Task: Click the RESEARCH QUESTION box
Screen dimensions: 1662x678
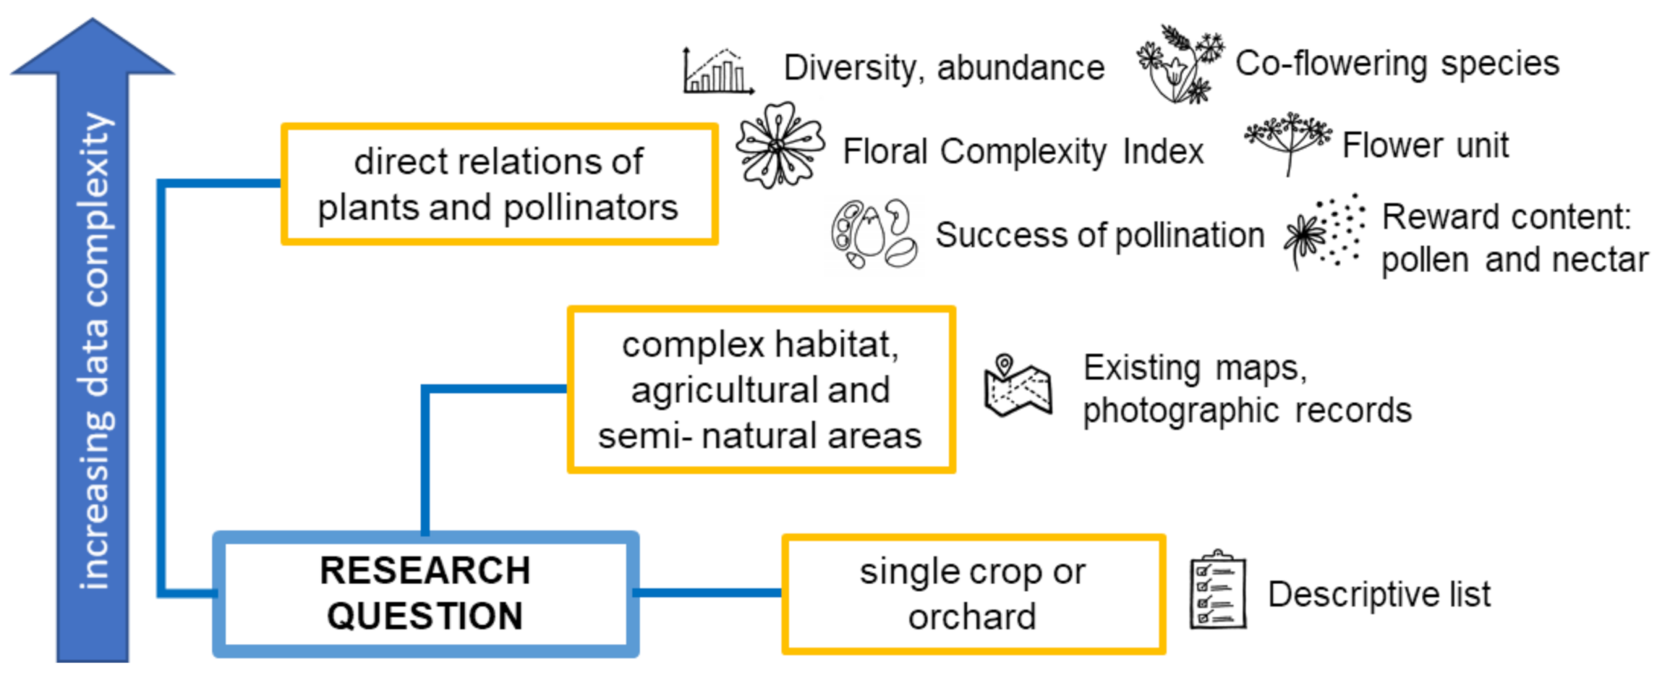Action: point(426,594)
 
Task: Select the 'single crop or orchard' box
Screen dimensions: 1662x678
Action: point(973,594)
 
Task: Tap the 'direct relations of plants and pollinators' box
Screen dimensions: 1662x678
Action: point(500,184)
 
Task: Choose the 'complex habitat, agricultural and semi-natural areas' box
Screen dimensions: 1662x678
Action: point(761,389)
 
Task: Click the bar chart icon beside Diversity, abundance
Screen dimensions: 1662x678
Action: point(718,71)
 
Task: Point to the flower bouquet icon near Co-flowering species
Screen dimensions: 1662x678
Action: point(1180,64)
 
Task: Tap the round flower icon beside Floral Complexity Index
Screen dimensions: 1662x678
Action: point(779,145)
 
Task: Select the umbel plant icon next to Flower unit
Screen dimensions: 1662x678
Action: point(1287,143)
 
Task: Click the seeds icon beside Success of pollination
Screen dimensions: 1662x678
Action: point(873,234)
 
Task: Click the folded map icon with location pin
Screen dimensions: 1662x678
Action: point(1017,386)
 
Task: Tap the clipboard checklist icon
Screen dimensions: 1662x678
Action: point(1217,590)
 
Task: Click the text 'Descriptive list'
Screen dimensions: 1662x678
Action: point(1379,594)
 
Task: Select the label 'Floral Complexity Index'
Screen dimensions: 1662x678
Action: point(1023,152)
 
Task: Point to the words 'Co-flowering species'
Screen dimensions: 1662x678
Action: point(1397,64)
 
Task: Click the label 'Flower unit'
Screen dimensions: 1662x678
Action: point(1425,145)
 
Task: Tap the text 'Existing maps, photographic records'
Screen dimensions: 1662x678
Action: point(1247,390)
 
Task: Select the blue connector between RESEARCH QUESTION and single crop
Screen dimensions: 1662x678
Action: point(710,593)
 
